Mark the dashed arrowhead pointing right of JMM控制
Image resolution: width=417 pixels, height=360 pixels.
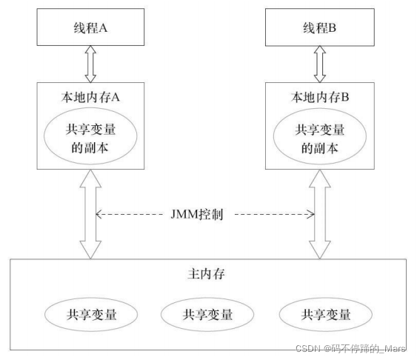point(310,216)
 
